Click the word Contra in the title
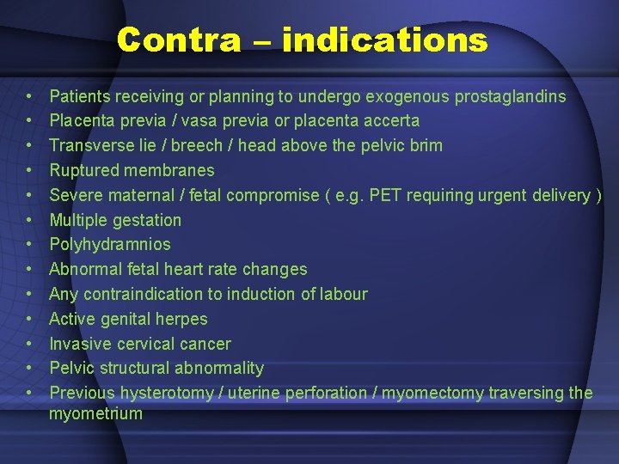(x=179, y=40)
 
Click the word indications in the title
(x=384, y=40)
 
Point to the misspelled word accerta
(x=389, y=121)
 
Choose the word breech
(x=196, y=145)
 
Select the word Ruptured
(x=83, y=170)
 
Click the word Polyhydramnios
(x=110, y=245)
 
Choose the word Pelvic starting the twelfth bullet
(x=71, y=368)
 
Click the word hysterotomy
(x=165, y=393)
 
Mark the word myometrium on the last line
(x=95, y=414)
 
